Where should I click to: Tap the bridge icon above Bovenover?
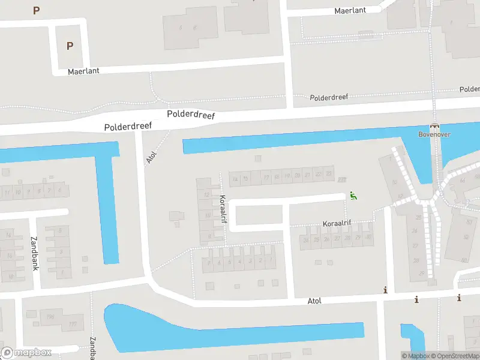click(x=435, y=126)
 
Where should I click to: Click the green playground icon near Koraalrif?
click(x=353, y=196)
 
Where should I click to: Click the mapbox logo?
click(x=26, y=353)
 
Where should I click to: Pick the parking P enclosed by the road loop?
click(x=70, y=46)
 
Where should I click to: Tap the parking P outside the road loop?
click(x=37, y=10)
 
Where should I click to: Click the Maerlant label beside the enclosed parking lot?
click(x=83, y=71)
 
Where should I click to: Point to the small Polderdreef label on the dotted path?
click(x=328, y=97)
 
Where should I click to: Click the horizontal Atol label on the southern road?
click(x=314, y=300)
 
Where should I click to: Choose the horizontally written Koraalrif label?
click(x=337, y=223)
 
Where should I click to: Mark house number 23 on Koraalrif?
click(x=329, y=174)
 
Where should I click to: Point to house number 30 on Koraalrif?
click(x=368, y=238)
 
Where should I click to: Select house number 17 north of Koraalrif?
click(x=266, y=178)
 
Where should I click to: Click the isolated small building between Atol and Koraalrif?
click(x=177, y=215)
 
